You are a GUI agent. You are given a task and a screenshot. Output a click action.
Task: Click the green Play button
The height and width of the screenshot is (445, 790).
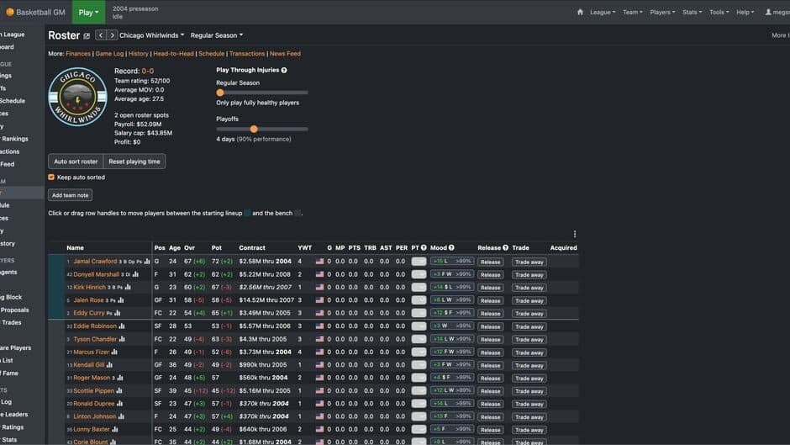coord(88,12)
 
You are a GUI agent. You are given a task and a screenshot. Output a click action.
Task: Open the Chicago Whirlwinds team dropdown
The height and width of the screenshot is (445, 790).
coord(152,35)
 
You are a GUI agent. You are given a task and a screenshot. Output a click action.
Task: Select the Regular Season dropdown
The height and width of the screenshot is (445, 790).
coord(216,35)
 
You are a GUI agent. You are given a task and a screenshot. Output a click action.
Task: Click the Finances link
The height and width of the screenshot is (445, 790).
coord(78,54)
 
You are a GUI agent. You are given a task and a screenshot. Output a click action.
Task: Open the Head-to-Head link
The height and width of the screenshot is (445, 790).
coord(174,54)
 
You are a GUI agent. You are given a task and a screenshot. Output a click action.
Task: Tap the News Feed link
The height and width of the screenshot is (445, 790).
coord(285,54)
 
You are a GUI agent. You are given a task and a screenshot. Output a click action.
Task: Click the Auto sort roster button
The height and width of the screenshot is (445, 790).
coord(76,162)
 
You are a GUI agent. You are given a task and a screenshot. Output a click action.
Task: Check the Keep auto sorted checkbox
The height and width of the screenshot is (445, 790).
coord(51,177)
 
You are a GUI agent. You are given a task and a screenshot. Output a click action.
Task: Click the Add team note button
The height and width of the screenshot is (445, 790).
coord(70,195)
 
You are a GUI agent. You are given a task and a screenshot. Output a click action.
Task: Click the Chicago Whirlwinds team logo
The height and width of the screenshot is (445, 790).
coord(77,97)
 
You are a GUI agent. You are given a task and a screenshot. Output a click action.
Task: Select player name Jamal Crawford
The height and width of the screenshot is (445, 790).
coord(95,262)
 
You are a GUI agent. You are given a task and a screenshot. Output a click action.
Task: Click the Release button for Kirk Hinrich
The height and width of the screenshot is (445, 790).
coord(490,288)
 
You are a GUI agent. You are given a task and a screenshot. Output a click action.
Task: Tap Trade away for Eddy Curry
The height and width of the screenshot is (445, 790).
coord(529,314)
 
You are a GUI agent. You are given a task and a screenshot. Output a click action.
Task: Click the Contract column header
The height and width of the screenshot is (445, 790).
coord(252,248)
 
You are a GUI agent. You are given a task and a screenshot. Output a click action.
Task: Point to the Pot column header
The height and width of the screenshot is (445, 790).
coord(216,248)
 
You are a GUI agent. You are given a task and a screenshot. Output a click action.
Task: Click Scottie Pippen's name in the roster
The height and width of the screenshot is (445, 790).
coord(94,391)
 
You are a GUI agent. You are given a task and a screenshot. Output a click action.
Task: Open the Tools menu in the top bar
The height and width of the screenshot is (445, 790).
coord(719,13)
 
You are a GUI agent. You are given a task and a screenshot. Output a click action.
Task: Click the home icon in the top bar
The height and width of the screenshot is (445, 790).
coord(580,13)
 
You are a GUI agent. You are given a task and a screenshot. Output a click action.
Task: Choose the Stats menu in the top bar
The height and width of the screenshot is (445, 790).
coord(692,13)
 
